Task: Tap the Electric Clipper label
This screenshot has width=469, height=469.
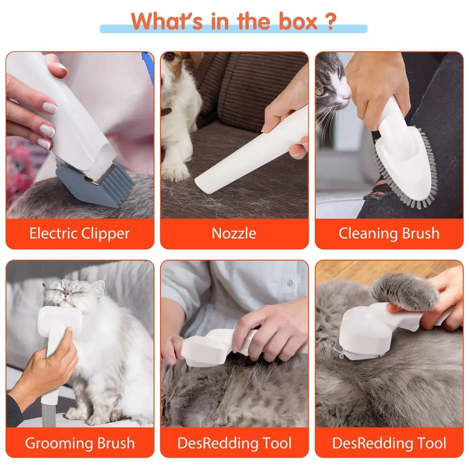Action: [x=79, y=234]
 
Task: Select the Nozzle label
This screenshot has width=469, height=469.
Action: [x=234, y=234]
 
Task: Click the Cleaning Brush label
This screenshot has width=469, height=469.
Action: [x=389, y=234]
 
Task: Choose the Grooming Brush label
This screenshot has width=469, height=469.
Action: [x=79, y=443]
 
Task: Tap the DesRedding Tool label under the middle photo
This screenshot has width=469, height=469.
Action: [x=234, y=443]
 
